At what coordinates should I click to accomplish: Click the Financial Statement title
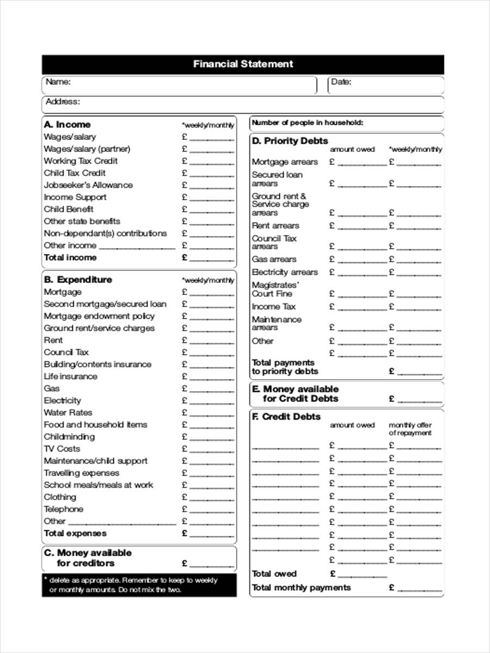pos(243,64)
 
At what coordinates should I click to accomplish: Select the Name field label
pos(58,82)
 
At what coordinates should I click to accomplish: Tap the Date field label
pos(341,82)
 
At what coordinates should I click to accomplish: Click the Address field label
pos(63,102)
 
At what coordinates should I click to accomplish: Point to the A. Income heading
pos(67,125)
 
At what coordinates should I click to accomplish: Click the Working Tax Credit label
pos(81,161)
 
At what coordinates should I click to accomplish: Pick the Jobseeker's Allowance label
pos(88,185)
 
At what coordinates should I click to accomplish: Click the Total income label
pos(70,257)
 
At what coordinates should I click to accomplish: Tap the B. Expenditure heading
pos(78,280)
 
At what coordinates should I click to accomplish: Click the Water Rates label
pos(68,412)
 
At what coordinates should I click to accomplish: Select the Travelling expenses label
pos(81,473)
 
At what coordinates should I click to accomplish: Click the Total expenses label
pos(75,533)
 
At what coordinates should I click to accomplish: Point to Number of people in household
pos(307,123)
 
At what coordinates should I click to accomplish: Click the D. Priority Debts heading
pos(290,141)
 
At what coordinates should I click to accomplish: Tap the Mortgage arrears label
pos(285,162)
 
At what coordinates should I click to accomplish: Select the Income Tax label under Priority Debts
pos(274,307)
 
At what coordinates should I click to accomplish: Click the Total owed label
pos(274,574)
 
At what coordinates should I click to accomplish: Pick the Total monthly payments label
pos(301,588)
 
